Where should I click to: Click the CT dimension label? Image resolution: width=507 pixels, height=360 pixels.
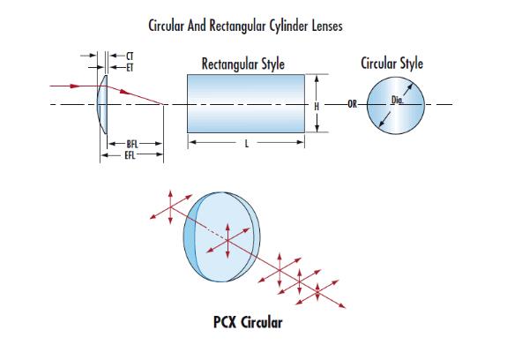tap(130, 56)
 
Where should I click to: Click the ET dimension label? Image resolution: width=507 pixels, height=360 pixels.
tap(130, 68)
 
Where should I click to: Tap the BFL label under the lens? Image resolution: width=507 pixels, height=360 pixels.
tap(132, 144)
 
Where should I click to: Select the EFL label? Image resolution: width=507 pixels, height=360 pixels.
tap(130, 155)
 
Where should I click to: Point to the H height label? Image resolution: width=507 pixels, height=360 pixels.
tap(317, 106)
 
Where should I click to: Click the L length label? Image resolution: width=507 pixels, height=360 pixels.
tap(247, 144)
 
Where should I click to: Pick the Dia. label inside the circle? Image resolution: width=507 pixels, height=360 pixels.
tap(398, 101)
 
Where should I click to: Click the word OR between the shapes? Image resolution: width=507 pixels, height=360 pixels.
tap(353, 104)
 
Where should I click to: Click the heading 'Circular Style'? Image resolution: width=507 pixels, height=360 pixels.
tap(391, 63)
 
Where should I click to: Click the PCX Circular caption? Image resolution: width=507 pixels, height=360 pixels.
tap(248, 322)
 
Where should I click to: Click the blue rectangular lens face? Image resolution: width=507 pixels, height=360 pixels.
tap(246, 103)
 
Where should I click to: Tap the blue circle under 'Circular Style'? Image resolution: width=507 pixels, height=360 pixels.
tap(396, 106)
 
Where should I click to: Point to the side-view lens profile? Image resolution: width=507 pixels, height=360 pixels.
tap(102, 104)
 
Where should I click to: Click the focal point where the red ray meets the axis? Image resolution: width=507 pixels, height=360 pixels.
tap(163, 104)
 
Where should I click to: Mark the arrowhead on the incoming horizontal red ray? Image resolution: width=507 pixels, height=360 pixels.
tap(75, 86)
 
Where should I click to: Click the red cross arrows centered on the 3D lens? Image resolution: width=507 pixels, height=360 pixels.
tap(228, 240)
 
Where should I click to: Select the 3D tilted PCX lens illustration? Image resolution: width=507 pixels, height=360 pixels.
tap(221, 237)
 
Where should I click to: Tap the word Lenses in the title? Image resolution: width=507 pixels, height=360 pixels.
tap(327, 26)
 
